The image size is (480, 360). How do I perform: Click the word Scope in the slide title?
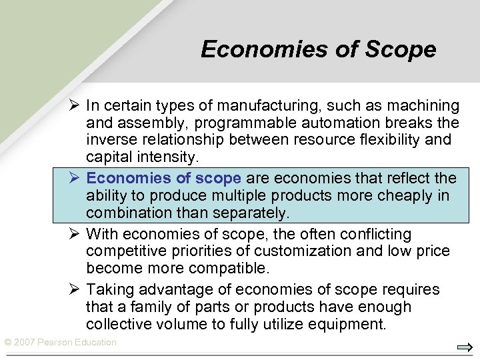[401, 49]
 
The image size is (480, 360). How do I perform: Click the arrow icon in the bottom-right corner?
[465, 347]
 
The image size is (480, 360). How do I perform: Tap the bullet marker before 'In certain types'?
[73, 105]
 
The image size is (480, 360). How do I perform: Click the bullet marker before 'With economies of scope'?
[73, 234]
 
